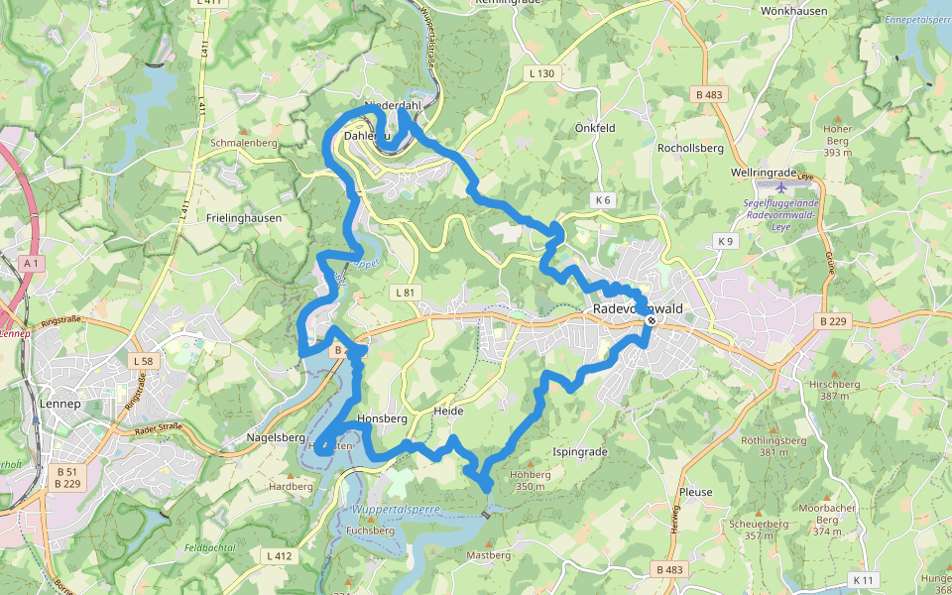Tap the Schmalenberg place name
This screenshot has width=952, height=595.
pos(243,143)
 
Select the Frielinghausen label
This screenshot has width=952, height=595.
pos(245,217)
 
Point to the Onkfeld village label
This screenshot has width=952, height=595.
pos(595,128)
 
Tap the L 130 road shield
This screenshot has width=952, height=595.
pos(542,73)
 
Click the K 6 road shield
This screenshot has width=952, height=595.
pos(603,200)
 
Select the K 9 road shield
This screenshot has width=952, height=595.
pos(726,241)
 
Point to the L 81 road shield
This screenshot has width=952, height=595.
pos(405,293)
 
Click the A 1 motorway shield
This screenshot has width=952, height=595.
pos(31,263)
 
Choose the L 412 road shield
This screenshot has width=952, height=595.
pos(280,556)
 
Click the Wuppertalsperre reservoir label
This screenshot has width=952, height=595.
pos(395,509)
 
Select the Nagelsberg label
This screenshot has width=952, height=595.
pos(276,437)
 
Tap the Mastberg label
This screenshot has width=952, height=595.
pos(488,555)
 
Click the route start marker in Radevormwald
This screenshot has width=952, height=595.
pos(651,320)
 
